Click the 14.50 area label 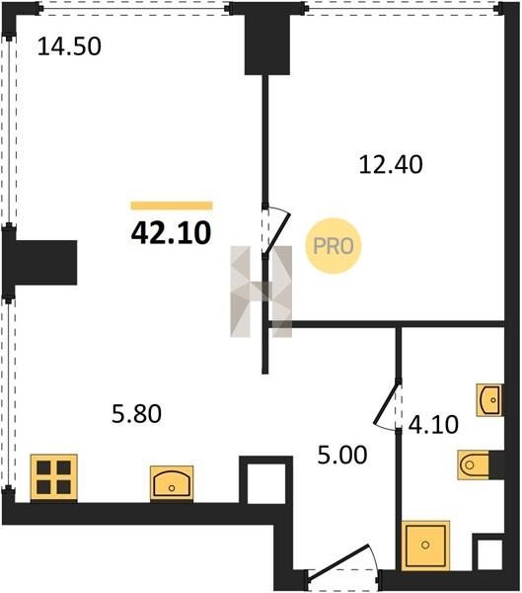coord(69,46)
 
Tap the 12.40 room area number coord(391,165)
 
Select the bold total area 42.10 coord(171,233)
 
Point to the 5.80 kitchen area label coord(137,413)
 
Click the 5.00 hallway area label coord(342,455)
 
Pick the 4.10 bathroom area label coord(433,424)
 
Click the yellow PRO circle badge coord(334,246)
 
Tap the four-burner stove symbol coord(54,478)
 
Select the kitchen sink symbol coord(172,483)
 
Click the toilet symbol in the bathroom coord(474,465)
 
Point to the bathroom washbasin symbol coord(489,399)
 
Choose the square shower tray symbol coord(425,545)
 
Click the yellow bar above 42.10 coord(172,206)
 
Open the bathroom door coord(386,404)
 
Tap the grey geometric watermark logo coord(261,292)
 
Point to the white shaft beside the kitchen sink coord(266,483)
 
